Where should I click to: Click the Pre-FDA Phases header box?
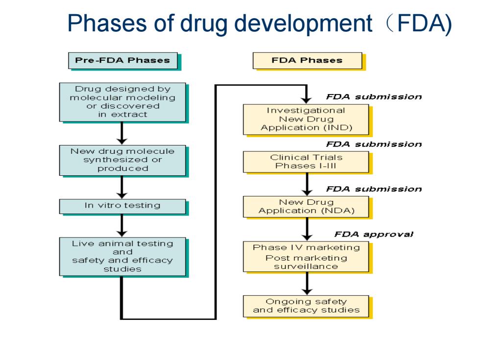pyautogui.click(x=123, y=61)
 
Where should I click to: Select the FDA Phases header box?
pyautogui.click(x=308, y=61)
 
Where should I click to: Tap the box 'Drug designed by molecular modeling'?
pyautogui.click(x=122, y=102)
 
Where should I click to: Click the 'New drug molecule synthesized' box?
pyautogui.click(x=122, y=160)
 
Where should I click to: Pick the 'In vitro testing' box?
pyautogui.click(x=122, y=206)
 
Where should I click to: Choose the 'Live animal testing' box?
pyautogui.click(x=122, y=257)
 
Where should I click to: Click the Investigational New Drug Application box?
pyautogui.click(x=306, y=120)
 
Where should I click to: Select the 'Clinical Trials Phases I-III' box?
pyautogui.click(x=306, y=162)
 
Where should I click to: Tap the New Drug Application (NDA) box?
pyautogui.click(x=306, y=207)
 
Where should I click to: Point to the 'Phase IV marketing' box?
pyautogui.click(x=306, y=257)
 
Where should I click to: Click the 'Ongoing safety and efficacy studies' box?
pyautogui.click(x=306, y=306)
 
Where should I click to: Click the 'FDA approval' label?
pyautogui.click(x=374, y=235)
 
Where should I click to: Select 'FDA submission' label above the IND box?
pyautogui.click(x=374, y=97)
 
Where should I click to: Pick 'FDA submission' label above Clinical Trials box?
pyautogui.click(x=374, y=144)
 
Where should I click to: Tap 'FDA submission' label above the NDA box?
pyautogui.click(x=374, y=189)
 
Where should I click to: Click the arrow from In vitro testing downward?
pyautogui.click(x=122, y=225)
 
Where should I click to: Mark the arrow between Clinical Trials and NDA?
pyautogui.click(x=307, y=184)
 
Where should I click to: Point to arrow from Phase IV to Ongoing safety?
pyautogui.click(x=307, y=284)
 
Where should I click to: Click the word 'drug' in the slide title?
pyautogui.click(x=204, y=24)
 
